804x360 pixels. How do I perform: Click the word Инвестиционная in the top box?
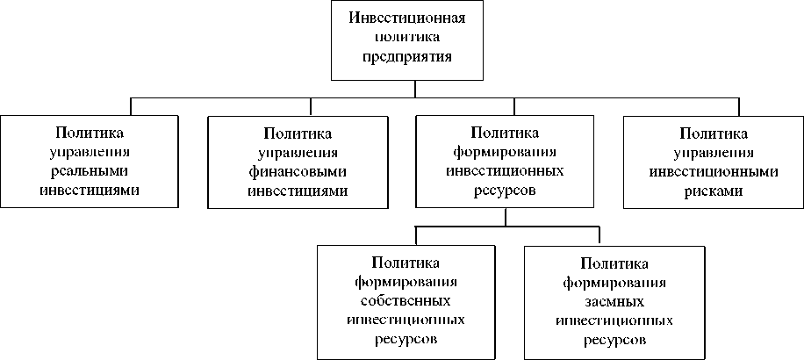406,18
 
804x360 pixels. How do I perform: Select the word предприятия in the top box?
406,56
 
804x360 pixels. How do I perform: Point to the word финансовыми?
298,171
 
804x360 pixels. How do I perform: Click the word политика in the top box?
406,38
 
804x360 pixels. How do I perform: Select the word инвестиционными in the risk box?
714,171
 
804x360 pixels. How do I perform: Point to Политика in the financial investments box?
298,133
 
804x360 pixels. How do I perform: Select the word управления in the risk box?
714,152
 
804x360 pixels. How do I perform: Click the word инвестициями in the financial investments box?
298,191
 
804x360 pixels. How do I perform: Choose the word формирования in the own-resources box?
406,281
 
